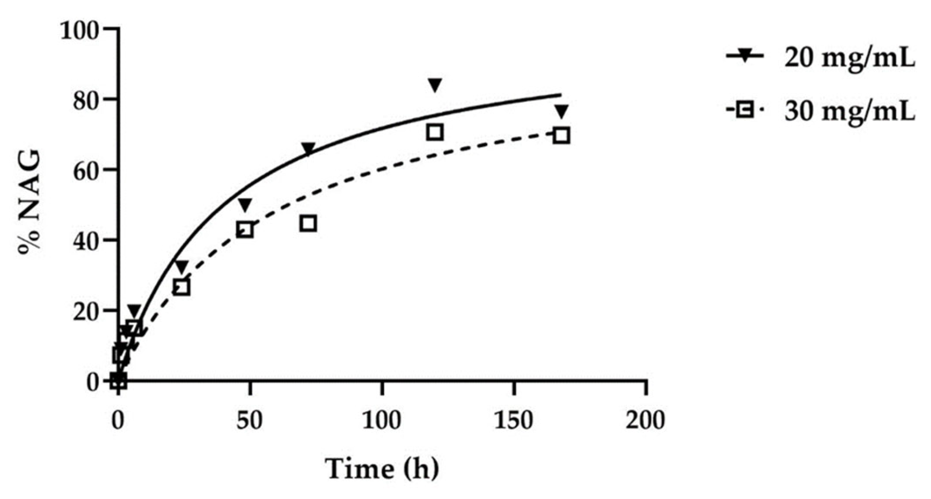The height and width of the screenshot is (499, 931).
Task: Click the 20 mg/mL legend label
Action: coord(850,59)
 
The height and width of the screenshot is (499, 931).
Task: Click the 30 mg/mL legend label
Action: coord(850,112)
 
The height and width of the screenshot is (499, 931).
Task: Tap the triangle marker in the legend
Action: coord(745,56)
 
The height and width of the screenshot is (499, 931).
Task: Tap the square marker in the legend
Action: coord(745,110)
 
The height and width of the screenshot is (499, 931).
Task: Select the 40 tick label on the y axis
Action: coord(87,240)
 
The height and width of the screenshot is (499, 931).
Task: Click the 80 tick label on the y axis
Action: coord(87,100)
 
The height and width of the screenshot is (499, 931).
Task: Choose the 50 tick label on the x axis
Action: coord(250,420)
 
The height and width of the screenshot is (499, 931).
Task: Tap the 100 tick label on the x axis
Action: coord(382,420)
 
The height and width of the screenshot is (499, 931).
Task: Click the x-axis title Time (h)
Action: coord(382,469)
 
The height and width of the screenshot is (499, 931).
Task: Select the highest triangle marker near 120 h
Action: coord(435,85)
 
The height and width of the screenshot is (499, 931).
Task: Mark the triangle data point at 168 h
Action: coord(561,110)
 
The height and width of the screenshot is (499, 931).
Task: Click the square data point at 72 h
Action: coord(308,224)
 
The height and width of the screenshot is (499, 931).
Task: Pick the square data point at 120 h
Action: coord(435,132)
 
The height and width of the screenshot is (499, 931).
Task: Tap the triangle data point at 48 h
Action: coord(245,204)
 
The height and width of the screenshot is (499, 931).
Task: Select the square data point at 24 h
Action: coord(182,288)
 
